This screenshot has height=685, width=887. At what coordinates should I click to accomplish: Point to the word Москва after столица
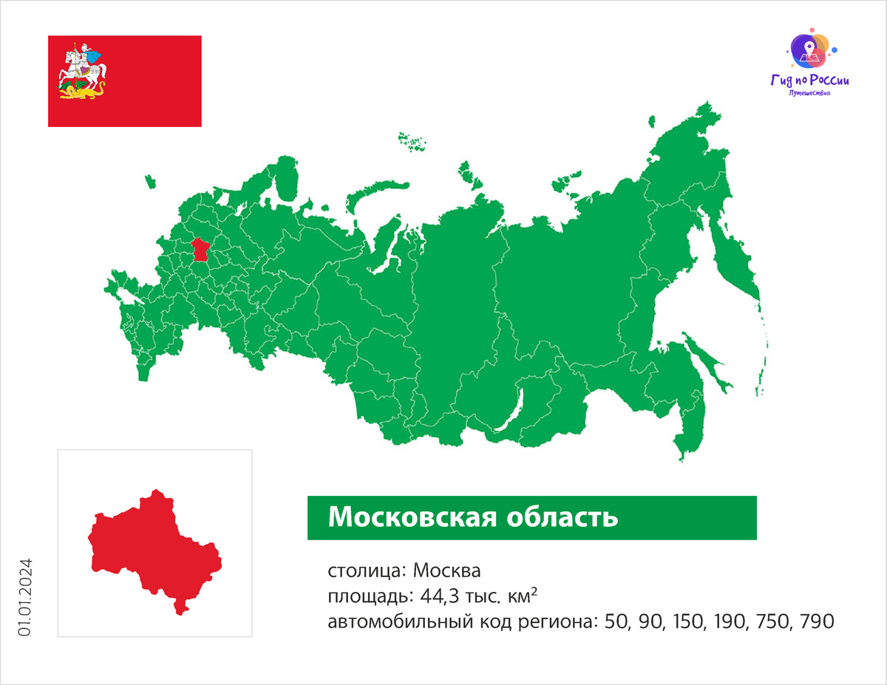[x=447, y=571]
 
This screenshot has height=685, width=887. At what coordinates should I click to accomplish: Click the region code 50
[x=615, y=621]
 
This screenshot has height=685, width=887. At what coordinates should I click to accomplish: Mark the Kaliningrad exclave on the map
[x=151, y=180]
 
